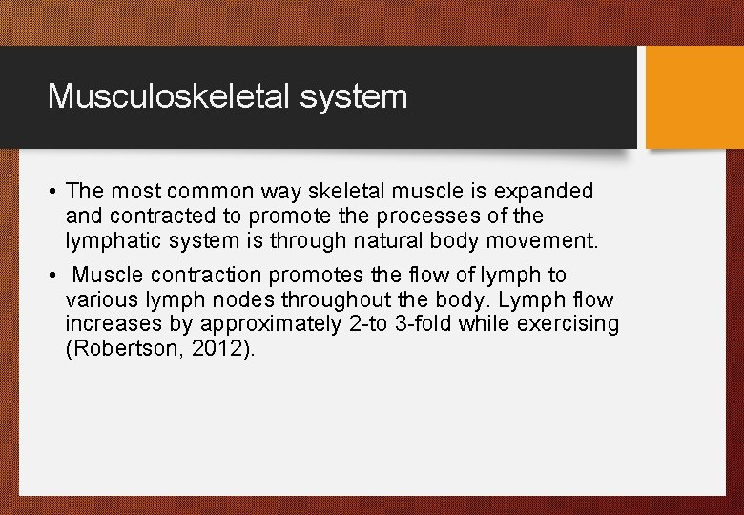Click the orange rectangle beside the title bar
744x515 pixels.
[694, 97]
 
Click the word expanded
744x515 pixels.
[544, 192]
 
